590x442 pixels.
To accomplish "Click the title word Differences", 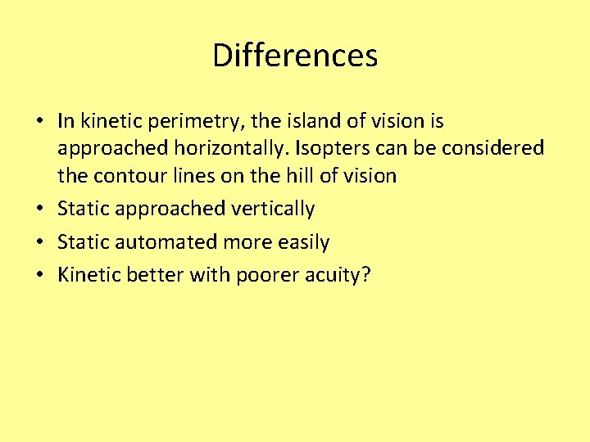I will [295, 56].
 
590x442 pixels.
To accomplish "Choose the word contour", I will [126, 175].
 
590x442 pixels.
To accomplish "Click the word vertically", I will [272, 209].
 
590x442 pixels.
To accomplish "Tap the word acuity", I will [334, 276].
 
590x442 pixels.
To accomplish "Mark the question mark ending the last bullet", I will [365, 275].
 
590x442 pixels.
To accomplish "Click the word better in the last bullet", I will [157, 275].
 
